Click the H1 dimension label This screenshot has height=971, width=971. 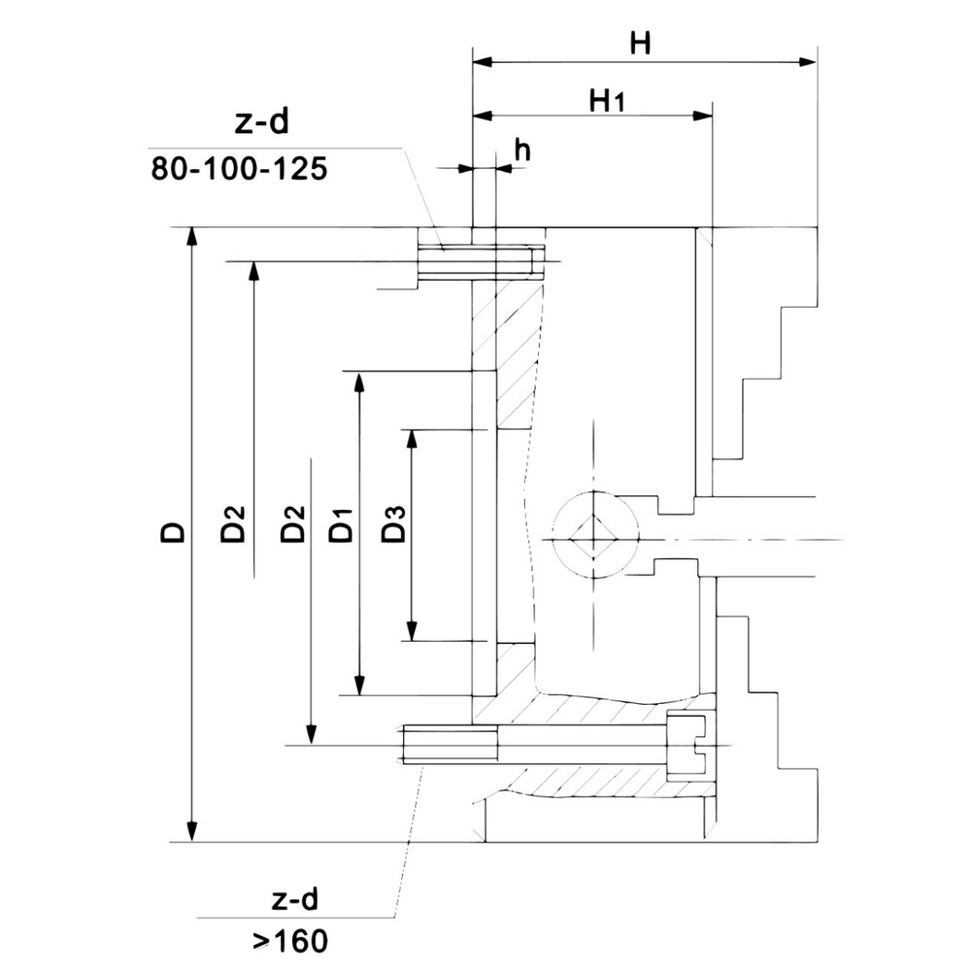[x=605, y=99]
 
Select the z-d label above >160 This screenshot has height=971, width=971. [x=290, y=899]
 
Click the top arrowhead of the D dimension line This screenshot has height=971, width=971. [x=193, y=238]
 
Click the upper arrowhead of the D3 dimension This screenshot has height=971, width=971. [x=412, y=439]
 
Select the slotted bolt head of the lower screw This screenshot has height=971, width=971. [x=690, y=745]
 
